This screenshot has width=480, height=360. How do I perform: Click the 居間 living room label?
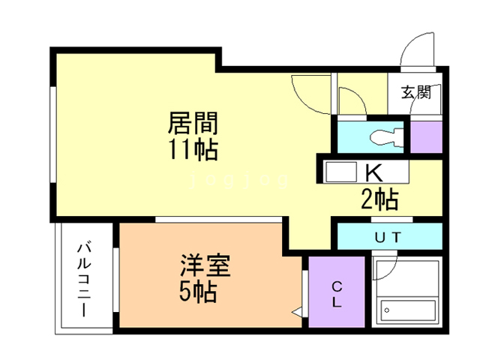(192, 121)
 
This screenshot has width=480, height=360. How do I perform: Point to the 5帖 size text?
(199, 292)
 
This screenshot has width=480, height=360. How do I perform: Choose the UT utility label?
(388, 236)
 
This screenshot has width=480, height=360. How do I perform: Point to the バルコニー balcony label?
(84, 278)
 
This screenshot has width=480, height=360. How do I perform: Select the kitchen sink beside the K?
(341, 172)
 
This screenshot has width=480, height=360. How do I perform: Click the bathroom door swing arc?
(384, 270)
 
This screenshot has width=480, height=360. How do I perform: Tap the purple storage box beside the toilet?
(426, 136)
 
